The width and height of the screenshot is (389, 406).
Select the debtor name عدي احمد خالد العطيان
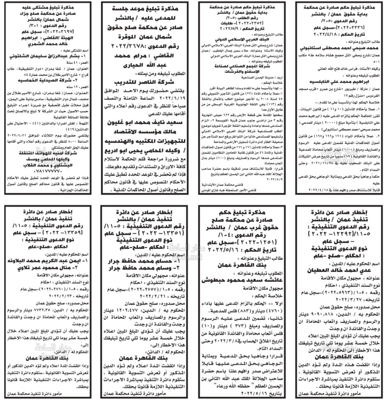(341, 270)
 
